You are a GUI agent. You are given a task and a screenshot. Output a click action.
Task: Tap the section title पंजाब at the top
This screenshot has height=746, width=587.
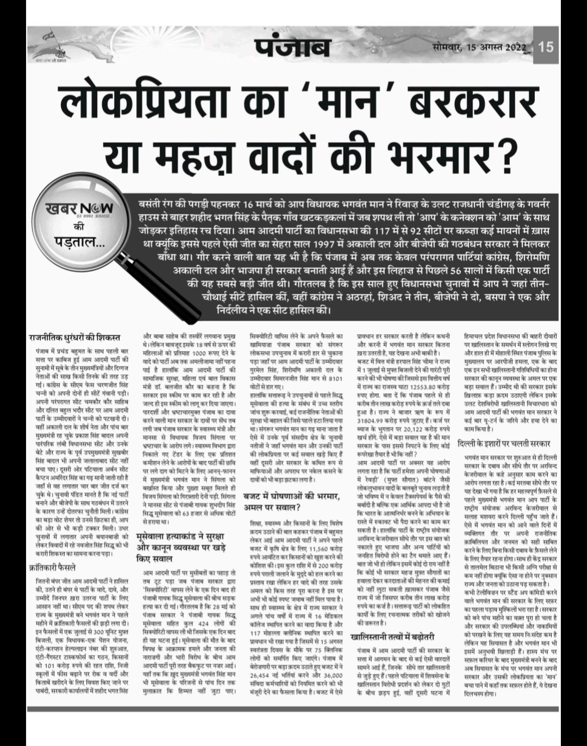pos(293,47)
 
